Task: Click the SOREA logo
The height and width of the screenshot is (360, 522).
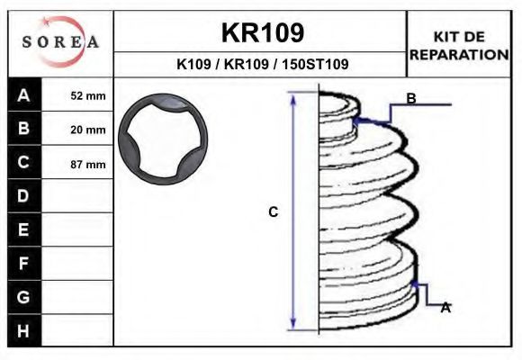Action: (60, 41)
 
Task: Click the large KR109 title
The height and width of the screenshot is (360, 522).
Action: (263, 32)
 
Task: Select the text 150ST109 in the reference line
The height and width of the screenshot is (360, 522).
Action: (315, 64)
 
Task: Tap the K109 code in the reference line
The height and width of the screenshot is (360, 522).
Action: (193, 64)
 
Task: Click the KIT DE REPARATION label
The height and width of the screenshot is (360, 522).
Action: (459, 46)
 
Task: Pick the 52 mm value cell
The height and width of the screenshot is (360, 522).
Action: (77, 95)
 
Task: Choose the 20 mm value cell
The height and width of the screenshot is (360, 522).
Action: (77, 130)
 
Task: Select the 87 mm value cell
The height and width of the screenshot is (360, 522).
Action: (77, 164)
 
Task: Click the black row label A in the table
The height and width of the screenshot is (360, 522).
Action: (24, 94)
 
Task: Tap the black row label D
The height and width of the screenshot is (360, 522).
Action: (24, 196)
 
